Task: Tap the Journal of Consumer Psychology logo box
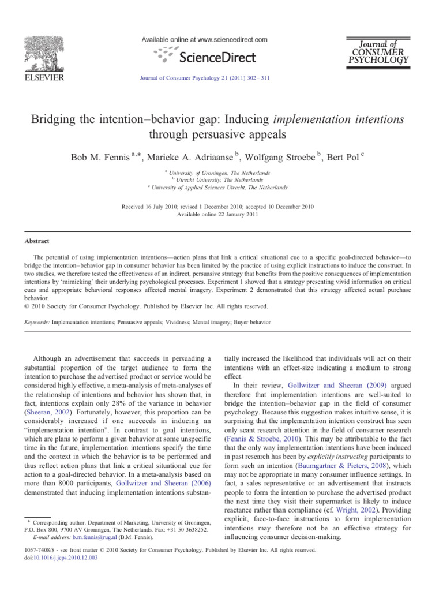tap(380, 51)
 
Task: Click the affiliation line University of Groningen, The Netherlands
tap(222, 173)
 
